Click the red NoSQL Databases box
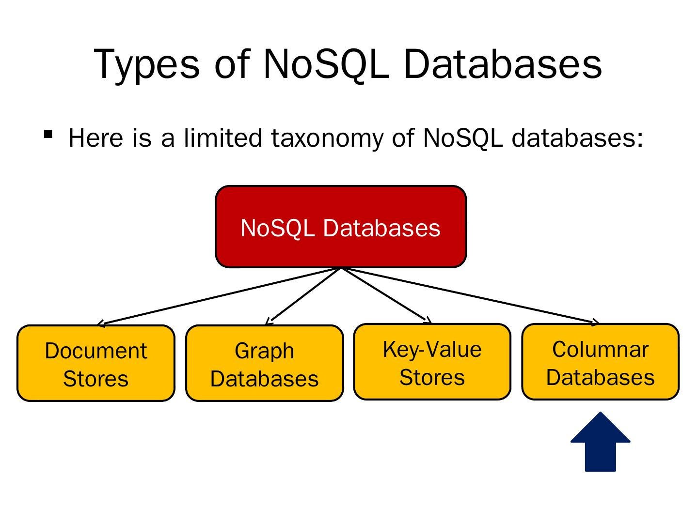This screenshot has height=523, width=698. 341,227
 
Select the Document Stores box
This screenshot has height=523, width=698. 96,363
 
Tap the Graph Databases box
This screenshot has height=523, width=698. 265,363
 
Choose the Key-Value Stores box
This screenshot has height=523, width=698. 432,362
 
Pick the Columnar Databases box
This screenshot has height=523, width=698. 600,362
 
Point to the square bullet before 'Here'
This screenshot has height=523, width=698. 48,134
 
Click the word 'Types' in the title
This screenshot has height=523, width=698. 146,64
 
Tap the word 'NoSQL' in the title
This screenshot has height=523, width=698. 326,64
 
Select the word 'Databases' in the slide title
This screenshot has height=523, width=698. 503,64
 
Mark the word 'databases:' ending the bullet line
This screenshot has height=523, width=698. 577,138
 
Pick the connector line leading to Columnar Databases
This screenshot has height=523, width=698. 470,295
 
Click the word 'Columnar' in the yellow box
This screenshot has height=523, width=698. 600,350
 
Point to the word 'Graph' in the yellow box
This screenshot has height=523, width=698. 265,351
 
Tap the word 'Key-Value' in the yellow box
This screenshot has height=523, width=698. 432,350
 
